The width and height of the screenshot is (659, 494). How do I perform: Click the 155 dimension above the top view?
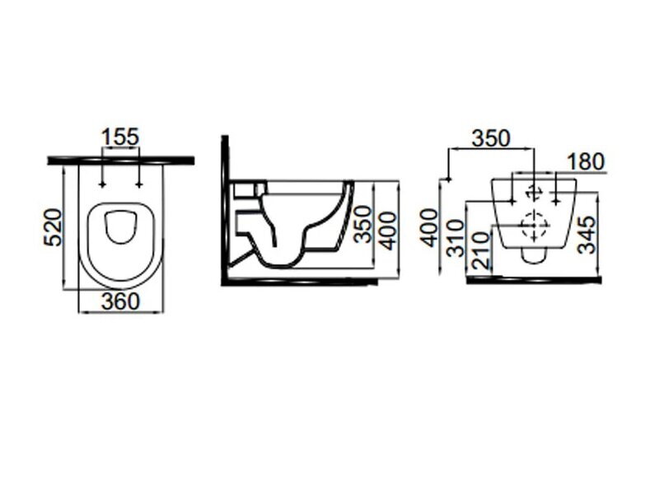120,137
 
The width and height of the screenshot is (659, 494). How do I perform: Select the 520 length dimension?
54,227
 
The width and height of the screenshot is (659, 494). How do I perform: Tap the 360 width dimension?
120,301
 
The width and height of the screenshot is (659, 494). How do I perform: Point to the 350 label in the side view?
362,224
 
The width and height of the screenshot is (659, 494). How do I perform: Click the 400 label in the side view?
386,231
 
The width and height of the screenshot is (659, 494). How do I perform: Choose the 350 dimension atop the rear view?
491,138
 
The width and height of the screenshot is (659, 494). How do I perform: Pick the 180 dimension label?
586,161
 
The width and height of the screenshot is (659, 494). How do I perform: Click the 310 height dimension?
456,238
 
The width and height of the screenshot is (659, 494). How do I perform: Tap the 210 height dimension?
482,251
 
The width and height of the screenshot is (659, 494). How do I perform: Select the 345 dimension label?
587,235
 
